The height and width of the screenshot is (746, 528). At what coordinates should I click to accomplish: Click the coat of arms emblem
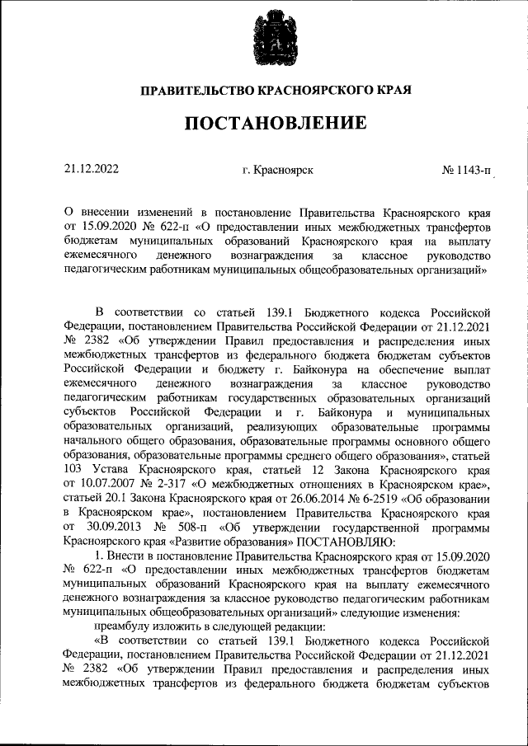pyautogui.click(x=264, y=37)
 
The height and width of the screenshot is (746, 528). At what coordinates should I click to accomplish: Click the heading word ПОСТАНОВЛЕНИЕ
pyautogui.click(x=264, y=124)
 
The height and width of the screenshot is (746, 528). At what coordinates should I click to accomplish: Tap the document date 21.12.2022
pyautogui.click(x=92, y=170)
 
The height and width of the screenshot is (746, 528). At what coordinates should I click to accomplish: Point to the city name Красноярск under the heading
pyautogui.click(x=283, y=171)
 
